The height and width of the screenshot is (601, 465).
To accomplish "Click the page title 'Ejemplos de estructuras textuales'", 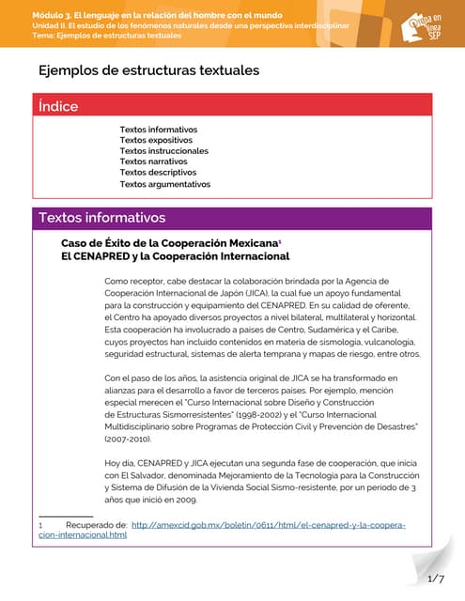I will click(x=148, y=70).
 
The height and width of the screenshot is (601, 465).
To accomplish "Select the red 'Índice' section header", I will click(x=58, y=106).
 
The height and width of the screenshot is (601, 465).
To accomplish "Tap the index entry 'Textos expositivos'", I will click(x=156, y=140).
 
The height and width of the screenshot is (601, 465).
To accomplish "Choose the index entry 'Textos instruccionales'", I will click(x=163, y=150).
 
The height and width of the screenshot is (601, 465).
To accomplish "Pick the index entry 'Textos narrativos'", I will click(x=154, y=162).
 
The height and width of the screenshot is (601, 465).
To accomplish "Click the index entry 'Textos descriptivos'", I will click(x=158, y=173).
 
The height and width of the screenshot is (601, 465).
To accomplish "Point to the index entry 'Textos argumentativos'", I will click(x=164, y=184).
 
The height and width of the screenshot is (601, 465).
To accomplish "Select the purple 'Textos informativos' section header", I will click(x=101, y=218).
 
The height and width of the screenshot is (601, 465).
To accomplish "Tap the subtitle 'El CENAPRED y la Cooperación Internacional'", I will click(x=175, y=256).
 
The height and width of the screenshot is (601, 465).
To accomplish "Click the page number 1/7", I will click(x=435, y=578).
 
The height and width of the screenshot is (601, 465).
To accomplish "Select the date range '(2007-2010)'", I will click(x=133, y=439).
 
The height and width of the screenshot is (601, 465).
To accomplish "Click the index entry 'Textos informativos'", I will click(x=158, y=129).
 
